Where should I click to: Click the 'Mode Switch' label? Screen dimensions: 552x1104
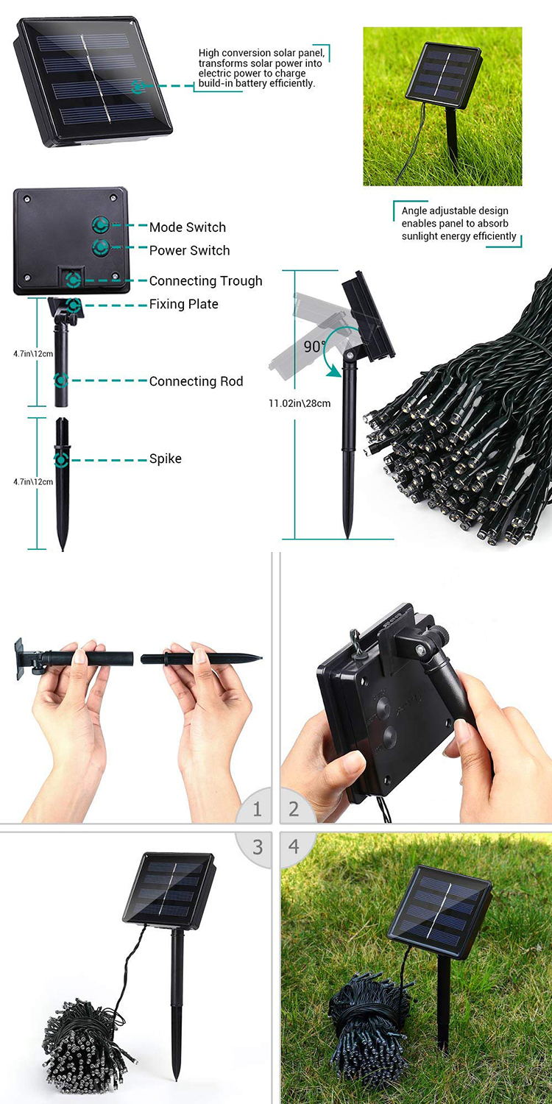(187, 227)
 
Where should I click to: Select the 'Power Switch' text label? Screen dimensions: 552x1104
(189, 250)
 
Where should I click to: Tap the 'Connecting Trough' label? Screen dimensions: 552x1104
(205, 281)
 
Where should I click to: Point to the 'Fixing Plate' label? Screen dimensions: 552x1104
(183, 304)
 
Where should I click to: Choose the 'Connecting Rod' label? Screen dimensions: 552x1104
(196, 381)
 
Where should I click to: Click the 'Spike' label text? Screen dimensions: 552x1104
(165, 459)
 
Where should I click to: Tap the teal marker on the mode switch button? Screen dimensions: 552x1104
(101, 224)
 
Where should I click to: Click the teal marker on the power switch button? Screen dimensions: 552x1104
(101, 247)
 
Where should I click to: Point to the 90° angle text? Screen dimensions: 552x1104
(314, 347)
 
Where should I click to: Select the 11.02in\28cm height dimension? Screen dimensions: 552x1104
(299, 403)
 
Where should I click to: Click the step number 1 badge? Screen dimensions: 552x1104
(257, 810)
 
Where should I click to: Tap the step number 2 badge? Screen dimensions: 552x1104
(294, 810)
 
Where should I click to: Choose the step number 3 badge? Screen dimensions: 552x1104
(258, 847)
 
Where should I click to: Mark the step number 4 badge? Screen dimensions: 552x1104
(294, 846)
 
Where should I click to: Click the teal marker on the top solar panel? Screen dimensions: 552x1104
(138, 87)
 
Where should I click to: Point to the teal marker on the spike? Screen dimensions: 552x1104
(61, 460)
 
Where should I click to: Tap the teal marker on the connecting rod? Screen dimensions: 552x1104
(61, 381)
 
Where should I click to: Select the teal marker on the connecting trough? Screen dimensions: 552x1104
(74, 280)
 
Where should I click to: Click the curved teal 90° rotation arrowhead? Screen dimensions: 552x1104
(334, 371)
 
